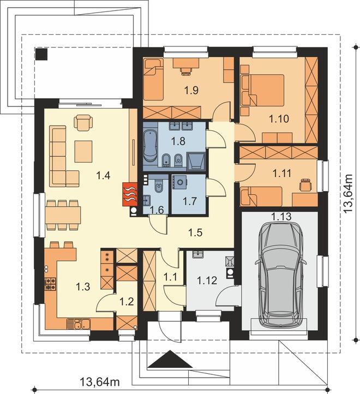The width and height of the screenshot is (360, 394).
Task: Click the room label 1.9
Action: point(191,90)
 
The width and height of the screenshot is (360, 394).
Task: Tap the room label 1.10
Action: point(279,118)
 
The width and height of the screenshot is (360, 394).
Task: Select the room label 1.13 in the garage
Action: point(281,216)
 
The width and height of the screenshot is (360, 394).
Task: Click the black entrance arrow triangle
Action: point(170,359)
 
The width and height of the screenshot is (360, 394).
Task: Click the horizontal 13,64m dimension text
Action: point(99,382)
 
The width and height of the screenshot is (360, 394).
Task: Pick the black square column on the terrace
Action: point(41,54)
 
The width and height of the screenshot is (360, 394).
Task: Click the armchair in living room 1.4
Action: point(83,122)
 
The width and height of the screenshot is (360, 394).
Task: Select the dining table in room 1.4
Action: point(63,216)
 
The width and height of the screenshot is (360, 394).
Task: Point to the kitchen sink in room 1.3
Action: point(79,324)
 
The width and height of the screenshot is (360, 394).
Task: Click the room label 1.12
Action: point(207,280)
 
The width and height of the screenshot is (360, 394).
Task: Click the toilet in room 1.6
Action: point(159,186)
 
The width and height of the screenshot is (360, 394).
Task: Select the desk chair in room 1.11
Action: point(305,185)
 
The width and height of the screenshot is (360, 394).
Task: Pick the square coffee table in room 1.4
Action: point(83,151)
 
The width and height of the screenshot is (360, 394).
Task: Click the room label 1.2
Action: point(127,301)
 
